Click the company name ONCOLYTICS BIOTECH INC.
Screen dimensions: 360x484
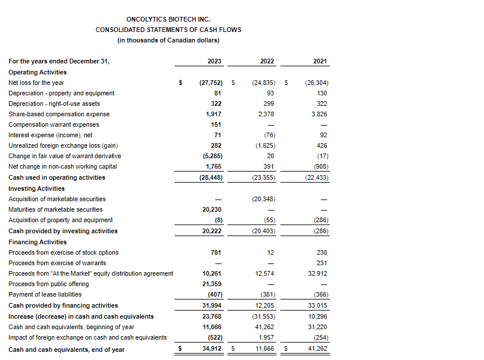[x=168, y=19]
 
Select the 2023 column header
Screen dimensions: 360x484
[x=214, y=61]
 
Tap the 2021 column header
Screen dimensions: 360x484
[x=320, y=61]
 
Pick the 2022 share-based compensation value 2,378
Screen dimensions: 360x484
[x=266, y=114]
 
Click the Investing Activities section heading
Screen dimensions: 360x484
[x=37, y=188]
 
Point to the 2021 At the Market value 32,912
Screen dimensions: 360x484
[x=318, y=273]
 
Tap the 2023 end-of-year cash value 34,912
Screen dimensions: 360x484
[x=212, y=350]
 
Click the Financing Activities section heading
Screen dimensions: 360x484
[x=38, y=242]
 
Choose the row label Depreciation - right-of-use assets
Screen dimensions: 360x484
[x=54, y=104]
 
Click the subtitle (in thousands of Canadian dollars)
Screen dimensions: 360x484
[x=168, y=40]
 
